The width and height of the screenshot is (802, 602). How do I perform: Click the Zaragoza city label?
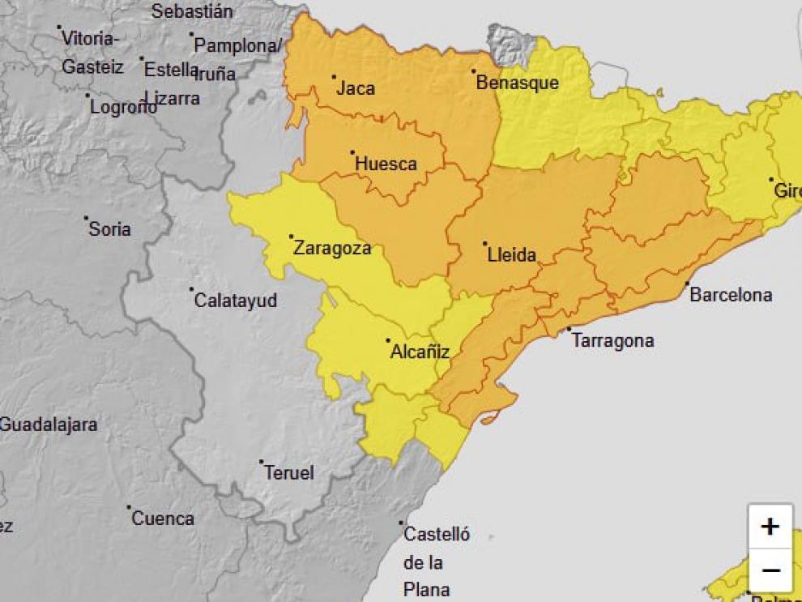tap(332, 248)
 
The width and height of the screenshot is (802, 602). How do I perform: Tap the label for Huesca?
tap(386, 164)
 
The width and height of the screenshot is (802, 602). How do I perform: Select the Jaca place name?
tap(356, 88)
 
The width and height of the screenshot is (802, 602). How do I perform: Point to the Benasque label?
tap(517, 83)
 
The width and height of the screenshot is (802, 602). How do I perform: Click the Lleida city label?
tap(512, 255)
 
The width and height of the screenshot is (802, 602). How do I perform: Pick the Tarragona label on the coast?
tap(612, 341)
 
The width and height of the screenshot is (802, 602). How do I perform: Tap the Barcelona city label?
tap(731, 295)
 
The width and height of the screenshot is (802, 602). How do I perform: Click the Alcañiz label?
tap(420, 352)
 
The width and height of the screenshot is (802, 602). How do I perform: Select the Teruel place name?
tap(289, 473)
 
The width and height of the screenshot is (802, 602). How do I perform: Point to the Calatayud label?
tap(236, 301)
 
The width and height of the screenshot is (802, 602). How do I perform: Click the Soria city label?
tap(109, 229)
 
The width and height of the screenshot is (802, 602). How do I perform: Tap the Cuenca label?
tap(163, 519)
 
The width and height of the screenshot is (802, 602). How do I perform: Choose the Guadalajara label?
tap(49, 424)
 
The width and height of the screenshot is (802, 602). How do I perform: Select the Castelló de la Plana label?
tap(436, 561)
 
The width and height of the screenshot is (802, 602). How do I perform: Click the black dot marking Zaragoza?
tap(291, 237)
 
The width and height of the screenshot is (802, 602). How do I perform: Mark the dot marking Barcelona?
tap(687, 284)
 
